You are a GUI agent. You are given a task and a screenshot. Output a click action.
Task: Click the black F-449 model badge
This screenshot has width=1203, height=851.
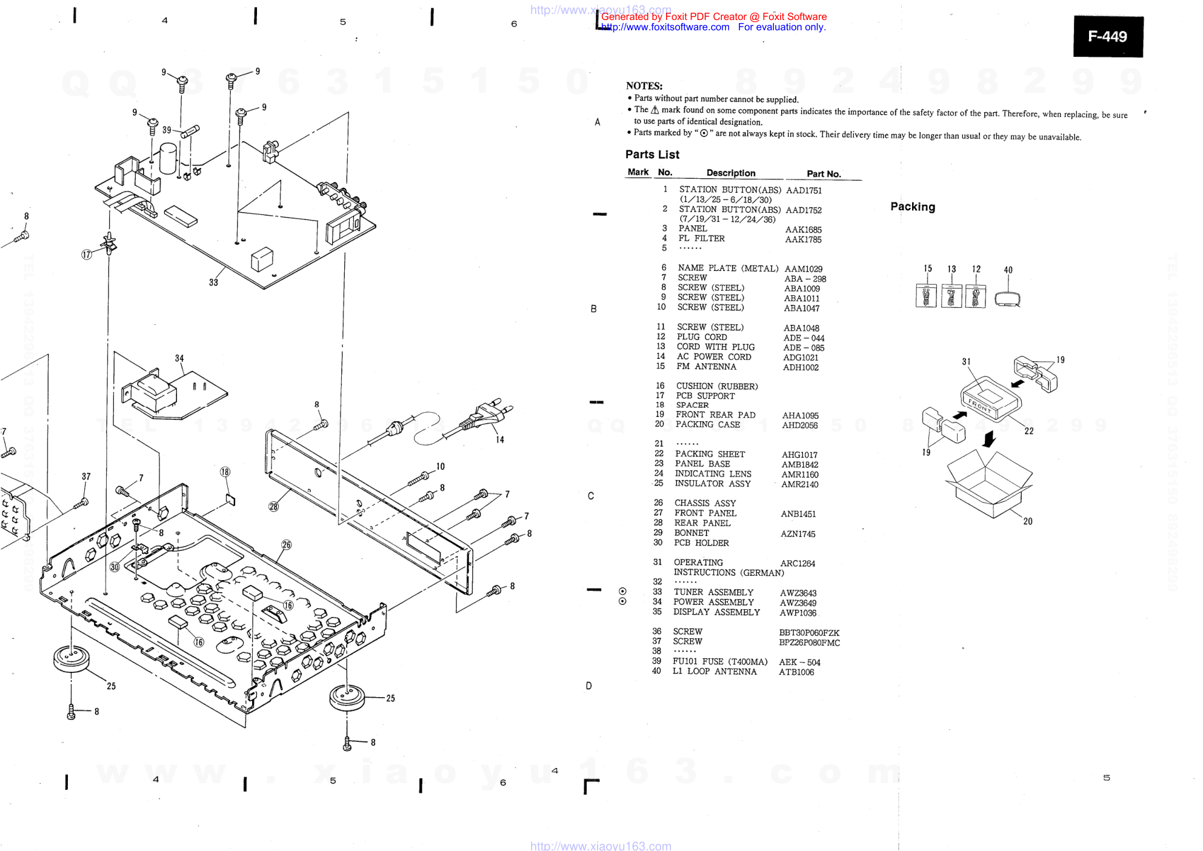point(1107,36)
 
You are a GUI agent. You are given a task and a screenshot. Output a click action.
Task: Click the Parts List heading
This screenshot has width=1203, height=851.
point(652,155)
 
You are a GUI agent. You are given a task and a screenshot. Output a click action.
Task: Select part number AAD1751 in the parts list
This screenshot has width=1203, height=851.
point(804,190)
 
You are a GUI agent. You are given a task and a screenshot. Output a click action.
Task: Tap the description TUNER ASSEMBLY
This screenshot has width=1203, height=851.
point(713,592)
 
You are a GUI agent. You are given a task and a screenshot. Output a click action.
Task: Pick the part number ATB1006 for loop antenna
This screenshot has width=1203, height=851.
point(796,672)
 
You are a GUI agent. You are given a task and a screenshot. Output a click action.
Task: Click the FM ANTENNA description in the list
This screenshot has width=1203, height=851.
point(706,367)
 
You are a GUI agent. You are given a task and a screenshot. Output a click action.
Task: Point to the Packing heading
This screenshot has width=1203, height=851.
point(912,207)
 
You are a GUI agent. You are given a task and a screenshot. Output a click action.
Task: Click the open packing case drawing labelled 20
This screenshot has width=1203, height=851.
point(989,485)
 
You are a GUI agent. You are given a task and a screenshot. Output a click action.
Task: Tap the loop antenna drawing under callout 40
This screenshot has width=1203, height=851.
point(1007,298)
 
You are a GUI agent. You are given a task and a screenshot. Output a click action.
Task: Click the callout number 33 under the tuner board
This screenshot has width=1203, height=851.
point(213,282)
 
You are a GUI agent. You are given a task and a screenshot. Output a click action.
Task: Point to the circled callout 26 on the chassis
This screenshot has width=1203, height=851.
point(287,545)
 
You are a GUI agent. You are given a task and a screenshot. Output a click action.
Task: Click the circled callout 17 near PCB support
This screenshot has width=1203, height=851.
point(87,255)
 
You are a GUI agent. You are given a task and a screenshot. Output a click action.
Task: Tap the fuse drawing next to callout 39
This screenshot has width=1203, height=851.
point(190,131)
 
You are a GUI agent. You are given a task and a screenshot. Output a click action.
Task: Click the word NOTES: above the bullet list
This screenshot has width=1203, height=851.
point(644,86)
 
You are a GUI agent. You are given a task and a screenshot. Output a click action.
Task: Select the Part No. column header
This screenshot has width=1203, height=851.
point(823,174)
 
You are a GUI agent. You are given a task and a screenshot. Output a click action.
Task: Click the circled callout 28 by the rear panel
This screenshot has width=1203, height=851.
point(274,507)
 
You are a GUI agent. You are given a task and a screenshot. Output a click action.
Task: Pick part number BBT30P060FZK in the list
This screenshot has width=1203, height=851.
point(809,633)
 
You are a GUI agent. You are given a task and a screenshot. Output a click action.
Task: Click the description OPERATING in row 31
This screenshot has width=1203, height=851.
point(698,562)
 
